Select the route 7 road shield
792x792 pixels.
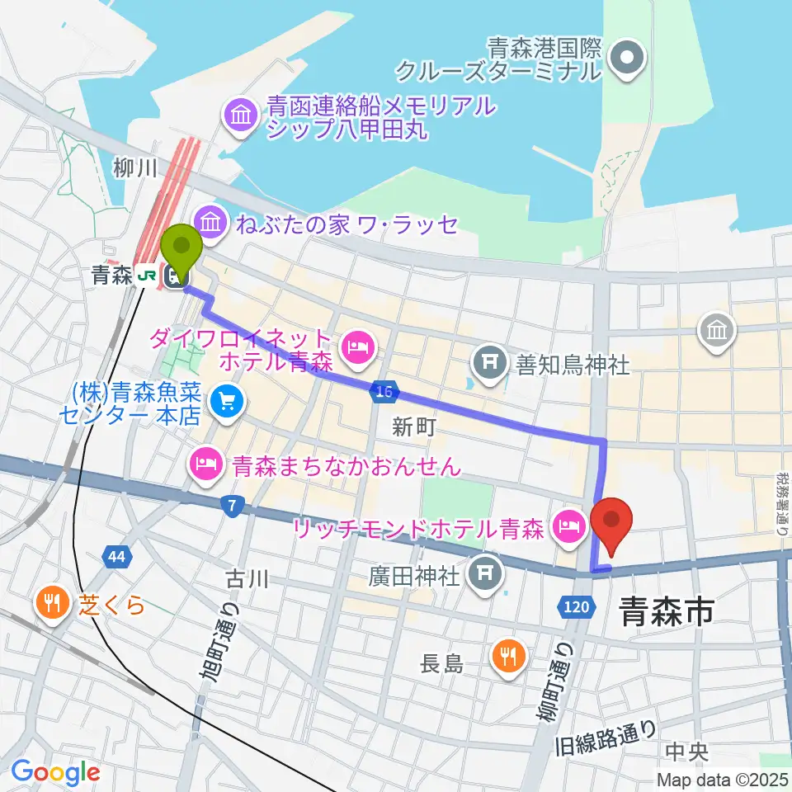click(x=234, y=506)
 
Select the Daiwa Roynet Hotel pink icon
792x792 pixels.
click(x=357, y=350)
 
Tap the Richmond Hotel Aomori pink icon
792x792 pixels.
click(x=570, y=525)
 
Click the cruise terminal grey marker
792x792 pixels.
click(x=628, y=58)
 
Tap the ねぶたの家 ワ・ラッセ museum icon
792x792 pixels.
click(x=210, y=222)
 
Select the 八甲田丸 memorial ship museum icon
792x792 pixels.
click(x=239, y=116)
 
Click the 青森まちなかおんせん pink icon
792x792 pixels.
click(x=205, y=466)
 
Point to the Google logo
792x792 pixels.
click(x=55, y=773)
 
